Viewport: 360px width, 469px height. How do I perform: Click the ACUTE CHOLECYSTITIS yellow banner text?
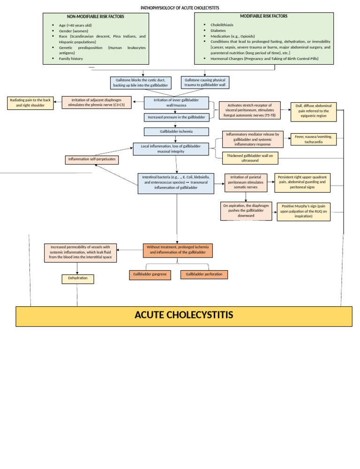coord(184,315)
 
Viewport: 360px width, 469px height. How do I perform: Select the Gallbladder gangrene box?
coord(150,274)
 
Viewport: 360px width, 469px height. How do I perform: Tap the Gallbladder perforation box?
coord(204,274)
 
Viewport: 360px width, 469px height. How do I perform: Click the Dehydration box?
coord(78,279)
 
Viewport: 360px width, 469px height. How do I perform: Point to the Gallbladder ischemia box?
coord(176,132)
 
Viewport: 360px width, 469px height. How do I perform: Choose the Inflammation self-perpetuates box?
coord(91,160)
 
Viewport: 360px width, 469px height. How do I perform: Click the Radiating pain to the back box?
coord(30,103)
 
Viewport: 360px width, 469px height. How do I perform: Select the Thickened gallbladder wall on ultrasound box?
coord(250,158)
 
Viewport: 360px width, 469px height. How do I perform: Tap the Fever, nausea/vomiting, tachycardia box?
coord(313,139)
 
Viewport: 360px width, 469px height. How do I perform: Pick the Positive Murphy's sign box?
coord(303,212)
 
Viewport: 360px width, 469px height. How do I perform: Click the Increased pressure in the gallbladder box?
coord(176,117)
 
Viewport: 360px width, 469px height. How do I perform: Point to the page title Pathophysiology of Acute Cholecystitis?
coord(180,8)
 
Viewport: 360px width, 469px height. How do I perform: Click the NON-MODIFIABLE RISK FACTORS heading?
coord(96,16)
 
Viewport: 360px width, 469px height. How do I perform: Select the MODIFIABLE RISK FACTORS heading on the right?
coord(264,16)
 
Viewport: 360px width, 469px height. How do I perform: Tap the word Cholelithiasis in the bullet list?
coord(222,24)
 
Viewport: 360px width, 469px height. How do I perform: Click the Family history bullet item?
coord(71,59)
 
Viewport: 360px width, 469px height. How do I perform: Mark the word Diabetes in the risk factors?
coord(218,30)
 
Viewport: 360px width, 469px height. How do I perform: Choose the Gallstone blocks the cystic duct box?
coord(141,83)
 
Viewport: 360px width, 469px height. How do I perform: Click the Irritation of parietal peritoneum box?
coord(246,182)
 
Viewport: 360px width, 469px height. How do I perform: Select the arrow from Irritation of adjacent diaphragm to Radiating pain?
coord(57,102)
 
